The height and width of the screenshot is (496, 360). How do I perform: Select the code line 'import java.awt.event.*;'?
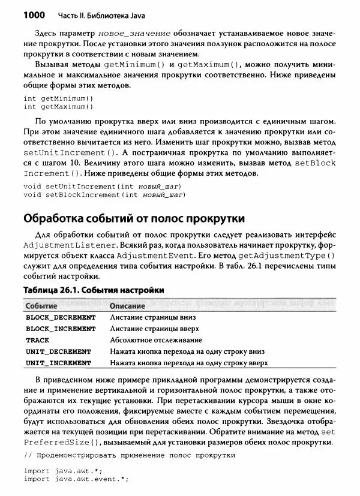(76, 479)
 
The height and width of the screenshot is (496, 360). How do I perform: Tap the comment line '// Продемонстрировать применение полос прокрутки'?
(130, 455)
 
